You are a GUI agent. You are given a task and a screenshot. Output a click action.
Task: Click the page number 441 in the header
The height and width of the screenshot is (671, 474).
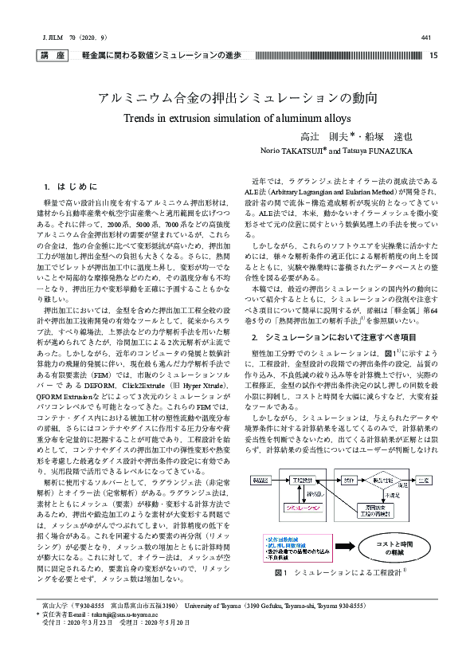425,37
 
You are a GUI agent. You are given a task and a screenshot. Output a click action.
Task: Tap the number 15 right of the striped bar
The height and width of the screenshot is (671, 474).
433,56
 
